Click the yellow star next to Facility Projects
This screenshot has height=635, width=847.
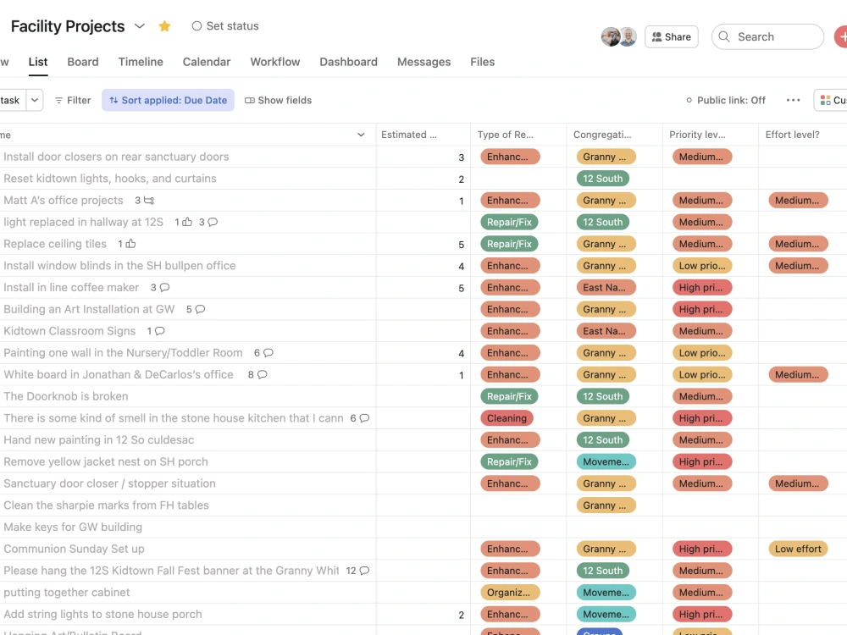164,26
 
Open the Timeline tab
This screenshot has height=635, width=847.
141,62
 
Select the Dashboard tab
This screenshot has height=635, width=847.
348,62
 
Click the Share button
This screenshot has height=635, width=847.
671,37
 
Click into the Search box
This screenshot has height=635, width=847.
767,37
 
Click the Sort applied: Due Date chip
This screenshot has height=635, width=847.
169,100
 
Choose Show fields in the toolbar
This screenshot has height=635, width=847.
279,100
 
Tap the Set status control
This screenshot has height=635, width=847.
225,26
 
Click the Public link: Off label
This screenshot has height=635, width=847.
726,100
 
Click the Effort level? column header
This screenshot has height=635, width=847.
792,135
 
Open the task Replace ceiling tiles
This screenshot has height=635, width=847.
55,244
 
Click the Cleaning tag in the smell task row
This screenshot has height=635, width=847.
507,418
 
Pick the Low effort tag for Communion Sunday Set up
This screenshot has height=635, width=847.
798,549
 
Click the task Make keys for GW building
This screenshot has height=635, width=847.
73,527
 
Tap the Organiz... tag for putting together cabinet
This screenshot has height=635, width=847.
508,593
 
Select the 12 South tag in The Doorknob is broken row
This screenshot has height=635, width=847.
602,396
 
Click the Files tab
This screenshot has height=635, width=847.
482,62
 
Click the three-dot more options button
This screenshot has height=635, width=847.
793,100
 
